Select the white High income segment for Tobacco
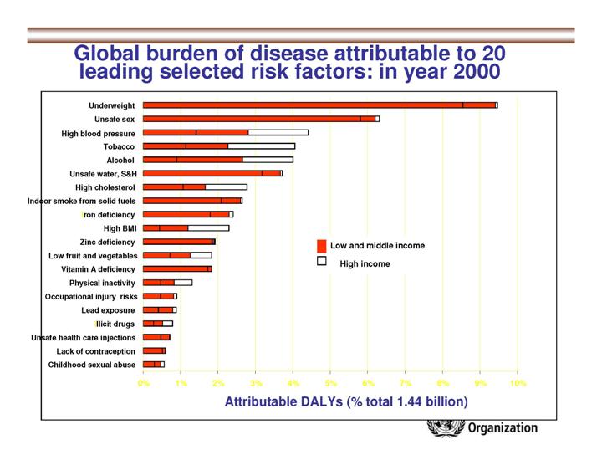point(261,146)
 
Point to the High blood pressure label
point(98,133)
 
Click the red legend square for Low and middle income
point(321,246)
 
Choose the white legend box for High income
point(321,263)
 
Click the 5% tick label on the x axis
point(330,382)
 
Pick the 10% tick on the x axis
point(518,382)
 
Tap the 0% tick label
point(144,382)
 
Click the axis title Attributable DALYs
point(346,401)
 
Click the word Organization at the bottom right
point(503,428)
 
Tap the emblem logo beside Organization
point(441,429)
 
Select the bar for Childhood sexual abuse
point(153,365)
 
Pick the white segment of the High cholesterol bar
point(226,187)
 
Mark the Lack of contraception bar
point(154,350)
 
